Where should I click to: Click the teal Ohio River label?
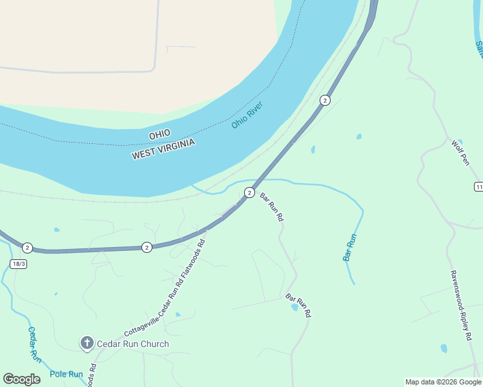pos(249,115)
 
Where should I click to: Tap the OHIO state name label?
pos(159,134)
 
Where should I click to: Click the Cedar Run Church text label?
pos(132,344)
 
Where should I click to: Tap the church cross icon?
pos(87,343)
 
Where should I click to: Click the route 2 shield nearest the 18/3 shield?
pos(27,248)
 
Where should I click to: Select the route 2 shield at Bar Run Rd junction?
pos(249,192)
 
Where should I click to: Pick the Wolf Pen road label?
pos(460,153)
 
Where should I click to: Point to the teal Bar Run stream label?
pos(349,247)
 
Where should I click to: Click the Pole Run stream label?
pos(67,374)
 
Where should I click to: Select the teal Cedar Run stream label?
pos(34,344)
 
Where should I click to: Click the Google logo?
pos(21,379)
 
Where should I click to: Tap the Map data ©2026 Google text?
pos(443,382)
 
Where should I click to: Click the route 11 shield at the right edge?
pos(478,186)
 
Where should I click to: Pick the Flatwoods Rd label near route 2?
pos(192,264)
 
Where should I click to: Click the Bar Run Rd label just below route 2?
pos(272,207)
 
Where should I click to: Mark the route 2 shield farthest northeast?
pos(325,100)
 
